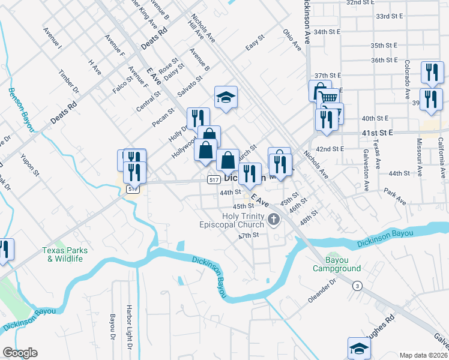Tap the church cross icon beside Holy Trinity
tap(274, 220)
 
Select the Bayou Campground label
tap(337, 264)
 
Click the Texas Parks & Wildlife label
tap(65, 254)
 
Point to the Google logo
tap(19, 353)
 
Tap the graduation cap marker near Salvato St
tap(226, 97)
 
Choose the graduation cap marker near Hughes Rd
tap(358, 348)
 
